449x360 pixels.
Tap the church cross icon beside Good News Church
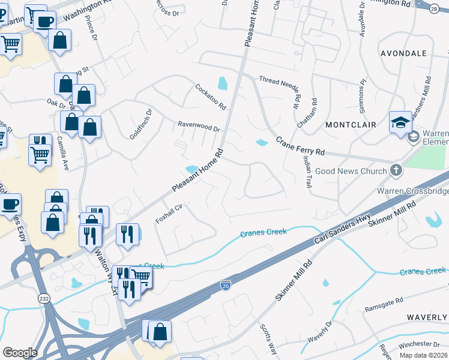pos(396,170)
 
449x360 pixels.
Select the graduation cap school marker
pos(400,122)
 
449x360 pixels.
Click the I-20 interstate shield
pos(226,283)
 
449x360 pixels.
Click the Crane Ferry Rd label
pos(300,145)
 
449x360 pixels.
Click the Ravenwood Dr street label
pos(199,127)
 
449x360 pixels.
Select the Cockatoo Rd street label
pos(211,97)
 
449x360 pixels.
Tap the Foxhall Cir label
pos(169,212)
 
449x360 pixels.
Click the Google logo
pos(20,353)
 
